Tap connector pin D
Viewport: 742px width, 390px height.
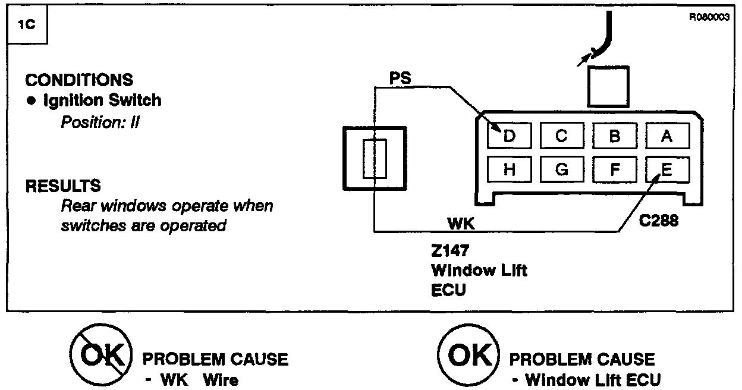tap(509, 137)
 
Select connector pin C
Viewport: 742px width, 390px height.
tap(561, 137)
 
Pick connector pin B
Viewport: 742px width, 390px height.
tap(614, 137)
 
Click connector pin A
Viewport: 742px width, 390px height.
tap(667, 137)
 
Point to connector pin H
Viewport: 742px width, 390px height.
tap(509, 170)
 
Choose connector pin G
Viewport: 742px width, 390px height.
tap(561, 170)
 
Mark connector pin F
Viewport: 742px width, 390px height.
tap(614, 170)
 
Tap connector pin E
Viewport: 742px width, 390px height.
tap(667, 170)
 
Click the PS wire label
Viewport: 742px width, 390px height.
tap(400, 78)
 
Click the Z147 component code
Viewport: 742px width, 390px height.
tap(450, 251)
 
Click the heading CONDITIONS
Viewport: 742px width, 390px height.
tap(79, 80)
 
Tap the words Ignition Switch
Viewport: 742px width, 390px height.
tap(102, 100)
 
